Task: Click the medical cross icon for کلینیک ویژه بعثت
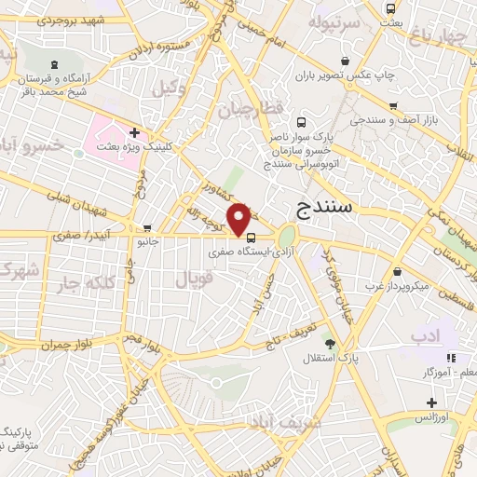click(x=135, y=133)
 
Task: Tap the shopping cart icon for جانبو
click(x=147, y=227)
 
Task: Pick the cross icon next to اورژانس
click(x=430, y=402)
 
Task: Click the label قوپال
click(x=194, y=278)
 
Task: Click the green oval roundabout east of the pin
click(x=287, y=236)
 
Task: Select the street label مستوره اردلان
click(x=141, y=45)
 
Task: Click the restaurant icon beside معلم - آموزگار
click(x=452, y=358)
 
